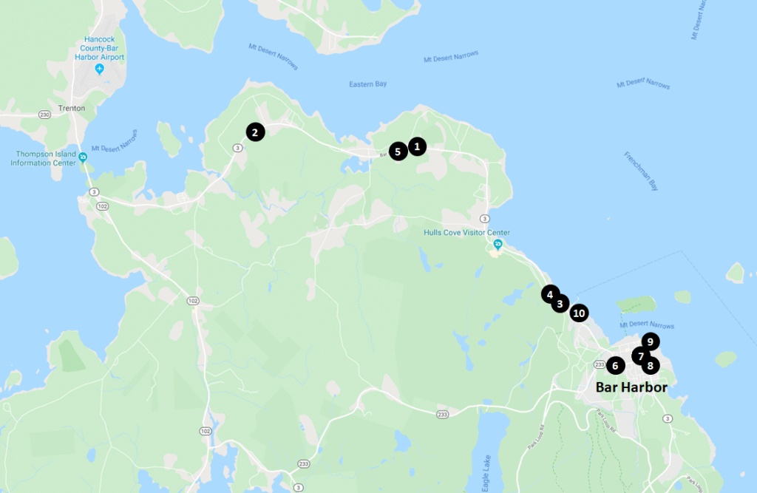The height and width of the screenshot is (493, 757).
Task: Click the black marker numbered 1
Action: pos(417,146)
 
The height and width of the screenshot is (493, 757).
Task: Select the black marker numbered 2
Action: pos(255,133)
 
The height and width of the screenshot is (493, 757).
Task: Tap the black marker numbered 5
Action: pos(398,152)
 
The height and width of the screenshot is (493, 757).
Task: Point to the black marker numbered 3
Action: pos(560,303)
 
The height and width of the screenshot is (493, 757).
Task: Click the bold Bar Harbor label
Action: pos(631,387)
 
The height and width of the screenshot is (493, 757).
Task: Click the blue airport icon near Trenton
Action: pos(100,69)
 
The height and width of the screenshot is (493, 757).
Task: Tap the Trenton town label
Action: pos(72,108)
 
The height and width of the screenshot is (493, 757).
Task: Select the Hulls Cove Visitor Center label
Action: pos(466,233)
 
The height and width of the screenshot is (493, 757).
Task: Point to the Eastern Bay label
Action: pos(367,84)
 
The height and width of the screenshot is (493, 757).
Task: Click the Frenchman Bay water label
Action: pos(640,171)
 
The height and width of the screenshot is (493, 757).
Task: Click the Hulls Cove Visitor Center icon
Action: pos(498,244)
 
